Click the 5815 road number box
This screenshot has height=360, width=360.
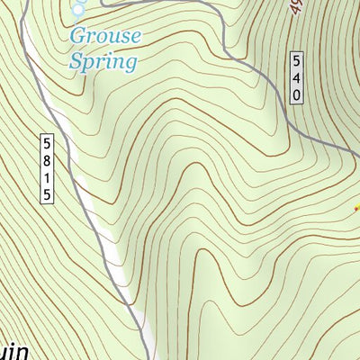48,168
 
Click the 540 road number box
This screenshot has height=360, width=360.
297,78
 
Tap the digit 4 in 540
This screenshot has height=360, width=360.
297,78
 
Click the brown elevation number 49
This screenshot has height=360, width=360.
295,11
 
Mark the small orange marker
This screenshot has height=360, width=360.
355,209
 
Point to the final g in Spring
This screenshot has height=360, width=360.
131,65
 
